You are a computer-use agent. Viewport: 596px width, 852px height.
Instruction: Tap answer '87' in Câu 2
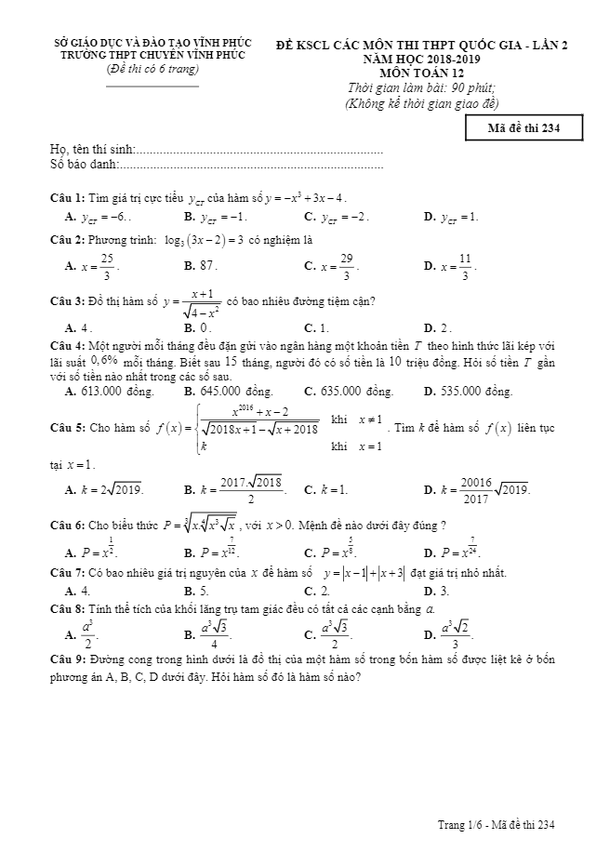[208, 265]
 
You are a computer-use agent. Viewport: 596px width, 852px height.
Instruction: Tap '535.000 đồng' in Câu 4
[476, 392]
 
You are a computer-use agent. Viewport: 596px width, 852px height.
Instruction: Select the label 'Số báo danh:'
[85, 164]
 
